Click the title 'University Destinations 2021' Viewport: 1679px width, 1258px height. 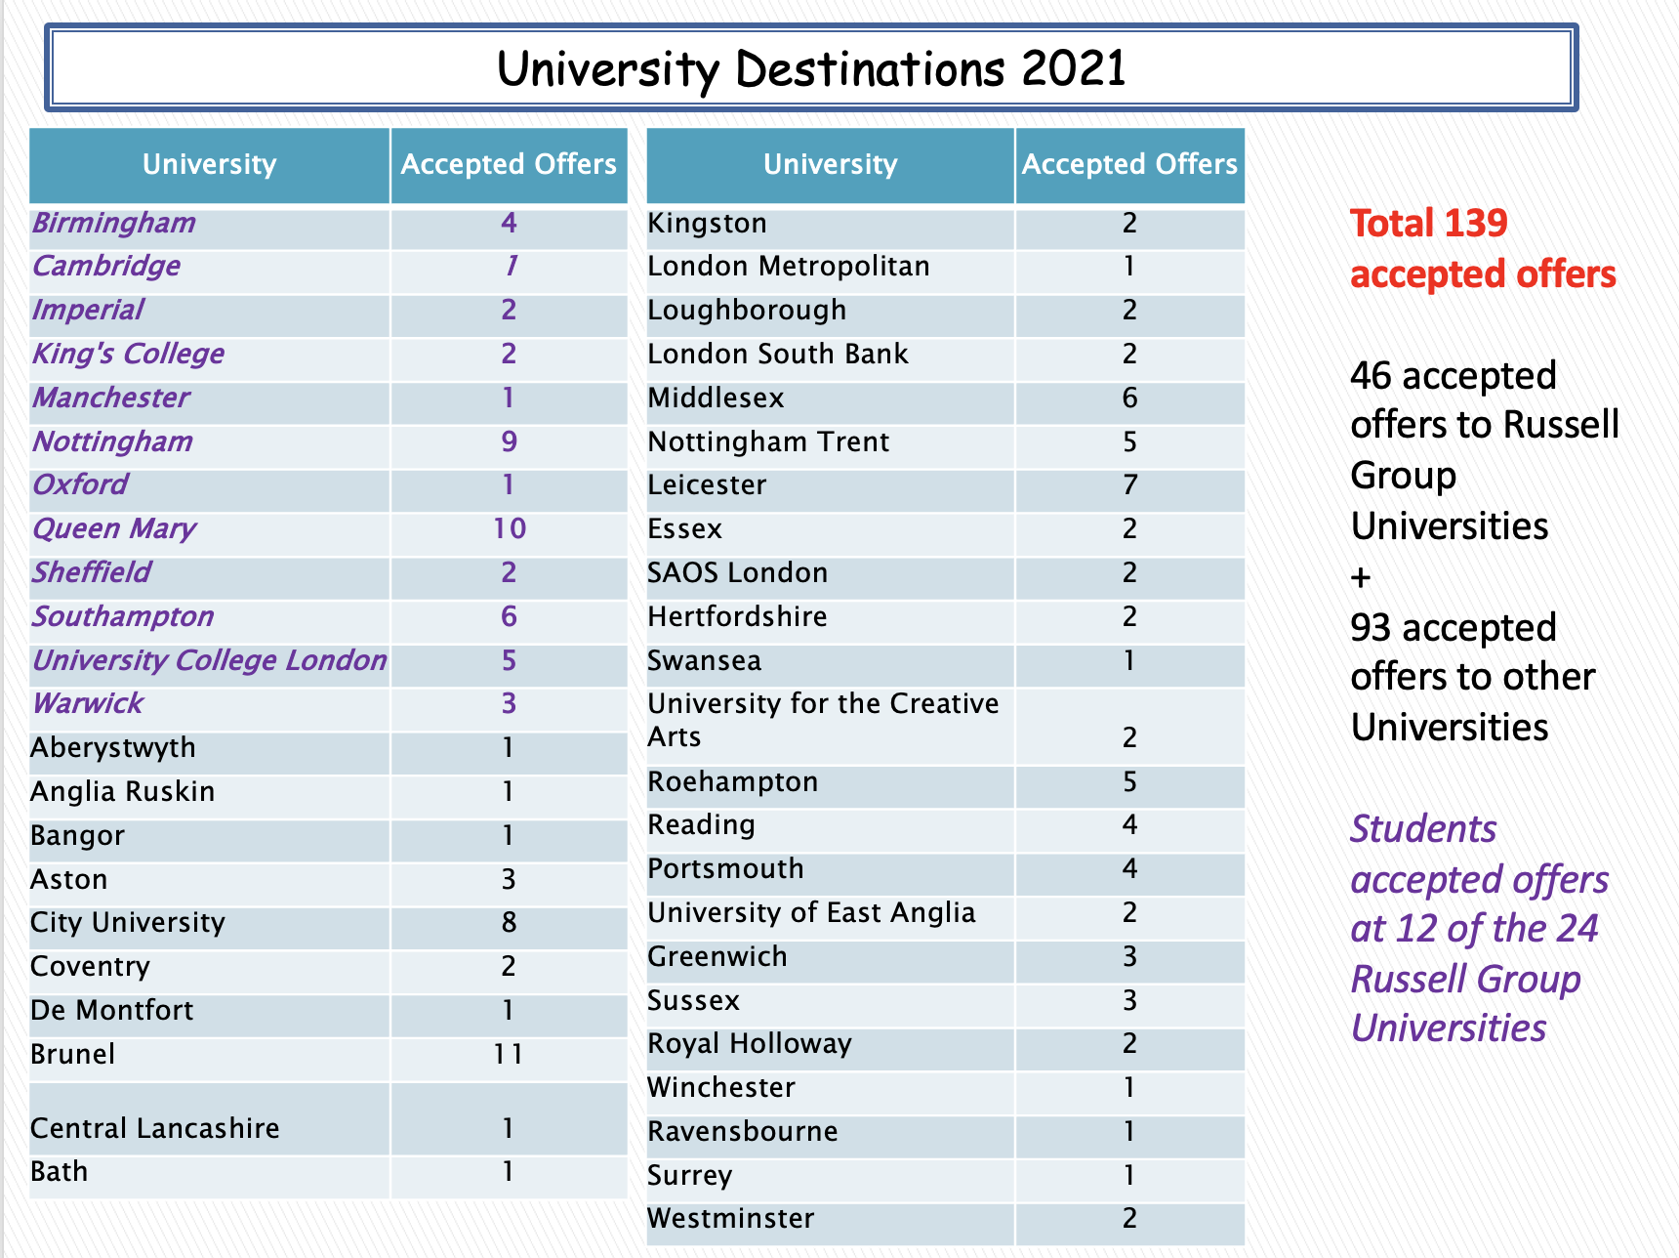(811, 69)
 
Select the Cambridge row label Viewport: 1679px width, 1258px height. (106, 267)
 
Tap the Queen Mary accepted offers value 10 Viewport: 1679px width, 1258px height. (510, 528)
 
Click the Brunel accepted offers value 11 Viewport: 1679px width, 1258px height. (509, 1054)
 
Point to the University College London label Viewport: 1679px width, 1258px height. (210, 660)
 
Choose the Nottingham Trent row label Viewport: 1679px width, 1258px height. (768, 441)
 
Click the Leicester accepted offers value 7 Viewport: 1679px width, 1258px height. (1129, 484)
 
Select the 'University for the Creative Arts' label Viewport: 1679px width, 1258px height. (823, 720)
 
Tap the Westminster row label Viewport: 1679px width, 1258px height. (730, 1218)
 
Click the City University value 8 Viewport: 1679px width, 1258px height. (509, 922)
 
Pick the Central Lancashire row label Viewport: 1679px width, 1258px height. (155, 1128)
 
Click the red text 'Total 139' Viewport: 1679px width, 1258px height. (1429, 224)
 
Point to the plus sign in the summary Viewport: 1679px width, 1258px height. (1361, 578)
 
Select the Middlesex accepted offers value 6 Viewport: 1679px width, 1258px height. (1129, 398)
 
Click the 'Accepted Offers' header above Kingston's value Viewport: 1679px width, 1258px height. (1129, 164)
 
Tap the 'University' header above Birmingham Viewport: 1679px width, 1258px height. (210, 164)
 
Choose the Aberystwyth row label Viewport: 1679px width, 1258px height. (113, 748)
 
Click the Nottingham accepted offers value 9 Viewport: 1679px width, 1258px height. (510, 441)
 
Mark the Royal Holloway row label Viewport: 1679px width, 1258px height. (750, 1044)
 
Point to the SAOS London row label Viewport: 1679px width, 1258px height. (738, 572)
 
